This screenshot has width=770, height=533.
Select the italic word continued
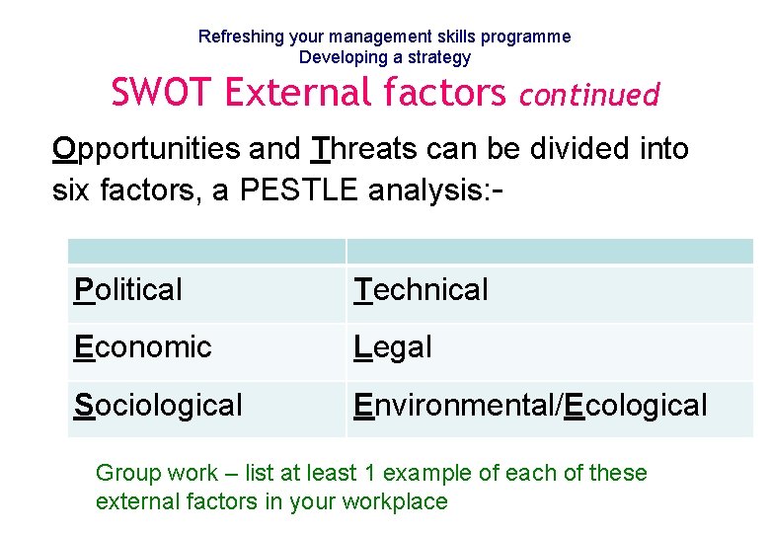pos(588,95)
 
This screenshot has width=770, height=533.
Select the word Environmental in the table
pos(455,405)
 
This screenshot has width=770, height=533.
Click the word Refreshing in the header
pos(241,37)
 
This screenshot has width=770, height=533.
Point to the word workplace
pos(394,501)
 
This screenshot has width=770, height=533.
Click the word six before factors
pos(72,190)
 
